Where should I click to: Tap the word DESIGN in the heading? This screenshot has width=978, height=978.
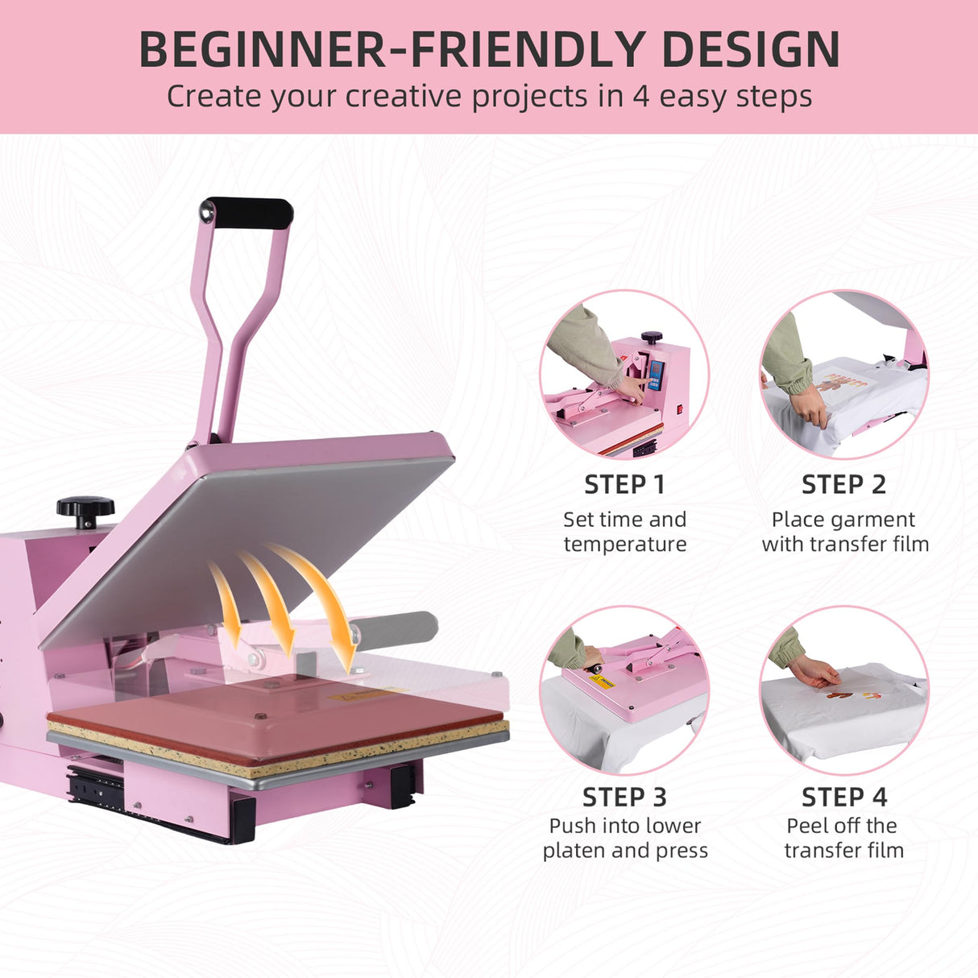click(x=751, y=50)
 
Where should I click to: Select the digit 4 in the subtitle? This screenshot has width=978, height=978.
click(x=640, y=97)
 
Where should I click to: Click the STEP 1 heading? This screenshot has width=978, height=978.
click(x=624, y=485)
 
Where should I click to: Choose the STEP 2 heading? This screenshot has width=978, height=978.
click(x=843, y=485)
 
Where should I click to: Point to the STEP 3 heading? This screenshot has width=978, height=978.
click(x=624, y=798)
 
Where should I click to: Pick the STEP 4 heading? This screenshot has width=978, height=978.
click(x=843, y=798)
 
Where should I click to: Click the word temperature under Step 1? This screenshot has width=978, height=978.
click(x=625, y=545)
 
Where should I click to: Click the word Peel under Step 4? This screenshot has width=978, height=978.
click(x=806, y=826)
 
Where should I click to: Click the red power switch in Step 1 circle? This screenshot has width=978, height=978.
click(x=680, y=409)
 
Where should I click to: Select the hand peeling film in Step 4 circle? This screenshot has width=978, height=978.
click(x=814, y=671)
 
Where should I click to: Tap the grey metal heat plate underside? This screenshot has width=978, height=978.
click(x=242, y=548)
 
